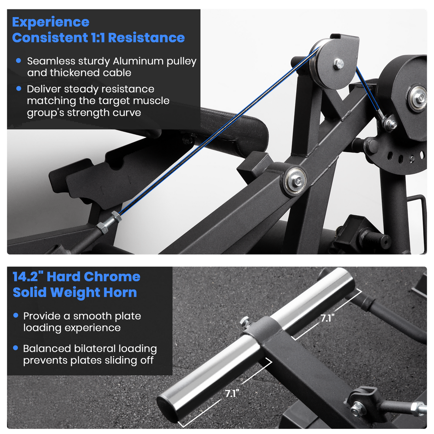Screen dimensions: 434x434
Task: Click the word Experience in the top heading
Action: click(x=51, y=22)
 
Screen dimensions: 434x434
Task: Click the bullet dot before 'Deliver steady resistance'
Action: click(x=19, y=89)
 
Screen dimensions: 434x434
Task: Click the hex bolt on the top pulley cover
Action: click(x=338, y=64)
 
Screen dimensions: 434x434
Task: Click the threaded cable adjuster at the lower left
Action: click(x=109, y=223)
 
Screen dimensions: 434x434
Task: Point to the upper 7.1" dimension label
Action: click(x=327, y=318)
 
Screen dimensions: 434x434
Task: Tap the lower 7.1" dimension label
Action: click(x=232, y=393)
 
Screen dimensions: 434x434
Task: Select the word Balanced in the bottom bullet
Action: click(x=47, y=348)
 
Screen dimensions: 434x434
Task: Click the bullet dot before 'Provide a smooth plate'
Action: click(x=16, y=315)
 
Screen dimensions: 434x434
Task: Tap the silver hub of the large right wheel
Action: click(x=418, y=98)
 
